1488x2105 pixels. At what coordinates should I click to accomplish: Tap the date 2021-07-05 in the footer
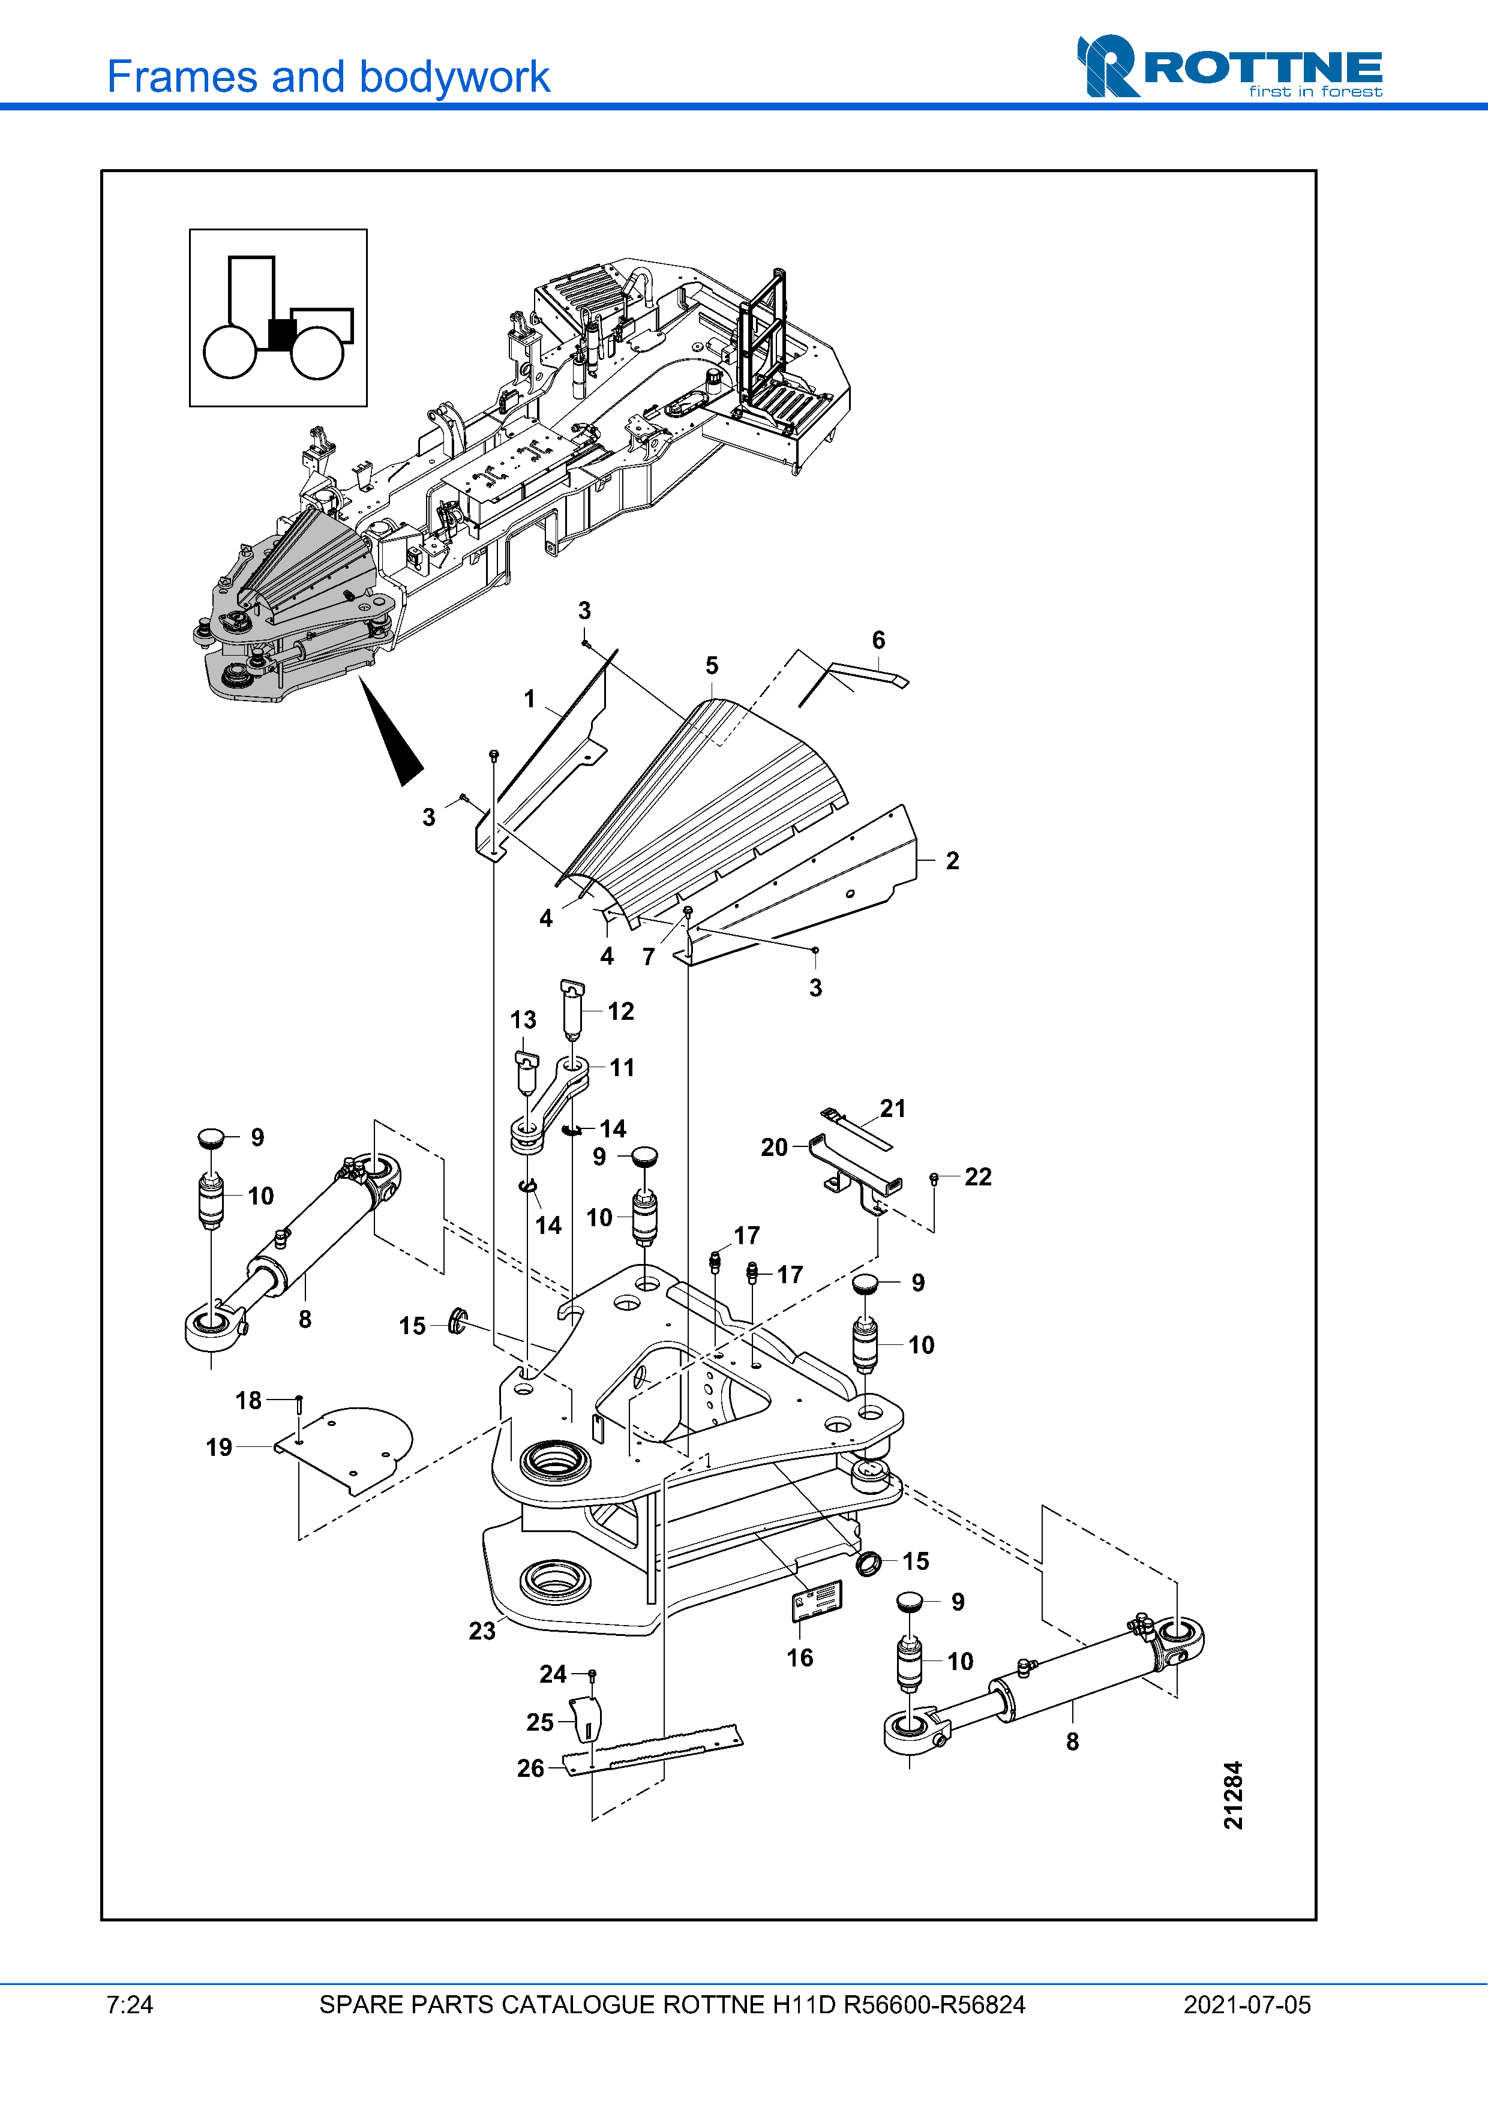pos(1247,2005)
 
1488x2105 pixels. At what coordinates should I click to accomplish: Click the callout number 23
pos(482,1631)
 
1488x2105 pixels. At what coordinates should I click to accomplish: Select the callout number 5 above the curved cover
pos(712,666)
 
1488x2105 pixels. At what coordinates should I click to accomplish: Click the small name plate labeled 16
pos(817,1600)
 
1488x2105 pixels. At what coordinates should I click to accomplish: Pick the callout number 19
pos(219,1448)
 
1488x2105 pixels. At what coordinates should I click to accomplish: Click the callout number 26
pos(531,1768)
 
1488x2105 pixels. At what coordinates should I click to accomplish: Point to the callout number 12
pos(620,1011)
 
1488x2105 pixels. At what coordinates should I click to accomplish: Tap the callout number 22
pos(978,1177)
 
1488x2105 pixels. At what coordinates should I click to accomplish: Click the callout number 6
pos(878,640)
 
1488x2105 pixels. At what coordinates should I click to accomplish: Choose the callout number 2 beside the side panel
pos(953,861)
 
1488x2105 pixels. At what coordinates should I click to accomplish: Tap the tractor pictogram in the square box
pos(278,317)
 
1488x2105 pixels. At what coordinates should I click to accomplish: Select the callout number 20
pos(775,1148)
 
